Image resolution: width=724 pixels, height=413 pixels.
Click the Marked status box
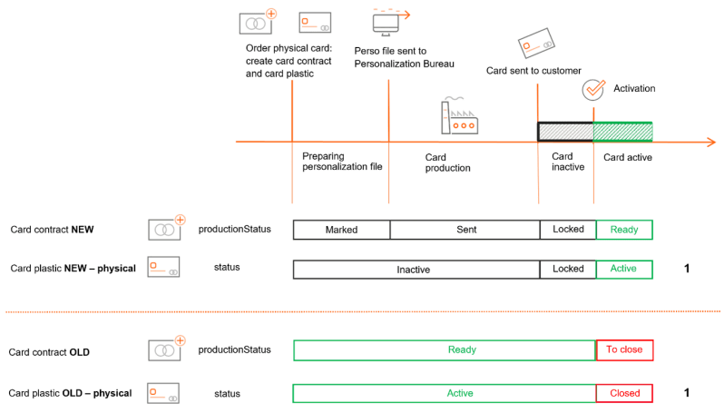pos(341,230)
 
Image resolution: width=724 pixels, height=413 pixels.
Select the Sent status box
pos(465,230)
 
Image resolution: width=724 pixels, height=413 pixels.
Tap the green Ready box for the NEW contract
pos(624,230)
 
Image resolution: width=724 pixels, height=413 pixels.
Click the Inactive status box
pos(416,270)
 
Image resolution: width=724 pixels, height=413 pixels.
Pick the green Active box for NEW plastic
pos(624,270)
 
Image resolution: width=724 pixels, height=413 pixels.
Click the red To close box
pos(624,349)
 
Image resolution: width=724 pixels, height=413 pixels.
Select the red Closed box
pos(624,393)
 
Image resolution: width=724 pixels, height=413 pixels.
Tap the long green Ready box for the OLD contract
pos(445,349)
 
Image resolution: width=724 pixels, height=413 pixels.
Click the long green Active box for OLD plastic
pos(445,393)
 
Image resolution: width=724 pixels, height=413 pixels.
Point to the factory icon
pos(459,115)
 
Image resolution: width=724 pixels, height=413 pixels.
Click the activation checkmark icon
pos(593,90)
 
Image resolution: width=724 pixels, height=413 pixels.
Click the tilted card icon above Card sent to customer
pos(536,43)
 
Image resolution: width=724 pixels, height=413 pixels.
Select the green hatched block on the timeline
pos(623,132)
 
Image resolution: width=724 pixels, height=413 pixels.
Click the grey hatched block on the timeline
pos(565,132)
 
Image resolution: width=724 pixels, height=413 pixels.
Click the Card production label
pos(447,162)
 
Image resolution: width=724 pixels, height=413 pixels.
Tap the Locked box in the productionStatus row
pos(568,230)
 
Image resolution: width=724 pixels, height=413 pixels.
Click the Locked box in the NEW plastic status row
pos(568,270)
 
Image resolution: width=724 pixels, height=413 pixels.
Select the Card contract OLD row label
pos(49,352)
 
